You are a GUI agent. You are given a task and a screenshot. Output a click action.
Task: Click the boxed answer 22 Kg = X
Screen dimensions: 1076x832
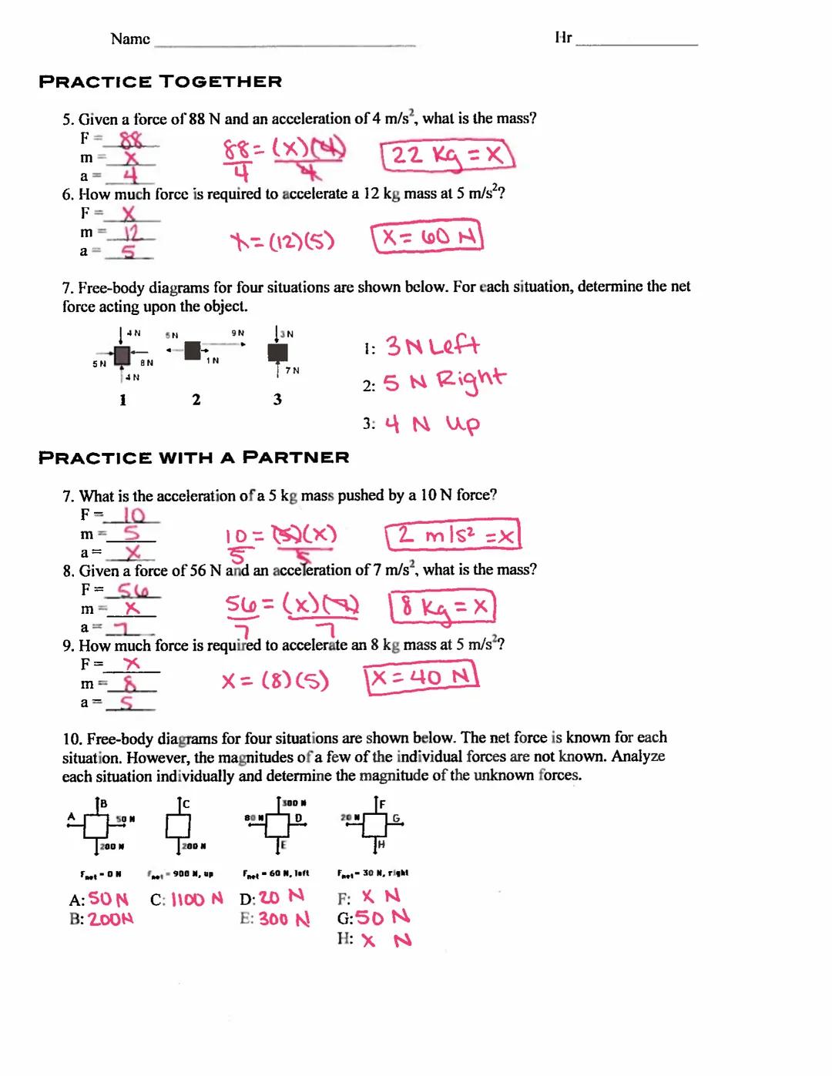tap(447, 156)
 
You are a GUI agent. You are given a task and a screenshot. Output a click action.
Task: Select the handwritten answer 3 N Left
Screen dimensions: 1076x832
tap(432, 346)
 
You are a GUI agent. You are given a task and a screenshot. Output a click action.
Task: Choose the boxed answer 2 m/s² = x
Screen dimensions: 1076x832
tap(453, 535)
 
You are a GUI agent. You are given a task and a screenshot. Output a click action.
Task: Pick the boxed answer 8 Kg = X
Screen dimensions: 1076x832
tap(442, 608)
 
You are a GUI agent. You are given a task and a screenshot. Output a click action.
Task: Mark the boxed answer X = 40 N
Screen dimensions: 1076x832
tap(421, 678)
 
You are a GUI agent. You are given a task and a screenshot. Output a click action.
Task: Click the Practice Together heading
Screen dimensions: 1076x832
tap(160, 82)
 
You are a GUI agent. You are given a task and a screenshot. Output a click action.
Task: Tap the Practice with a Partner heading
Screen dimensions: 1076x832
tap(194, 458)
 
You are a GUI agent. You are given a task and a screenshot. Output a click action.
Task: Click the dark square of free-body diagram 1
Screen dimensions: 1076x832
tap(122, 355)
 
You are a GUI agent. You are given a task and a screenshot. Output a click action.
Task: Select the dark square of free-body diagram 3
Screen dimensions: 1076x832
tap(277, 353)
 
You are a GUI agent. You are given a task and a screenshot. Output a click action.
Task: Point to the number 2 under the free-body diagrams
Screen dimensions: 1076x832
tap(196, 399)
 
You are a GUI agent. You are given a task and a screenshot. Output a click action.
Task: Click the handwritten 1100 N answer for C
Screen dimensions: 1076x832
tap(196, 899)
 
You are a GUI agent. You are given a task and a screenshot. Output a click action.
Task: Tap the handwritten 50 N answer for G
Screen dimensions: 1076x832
tap(382, 917)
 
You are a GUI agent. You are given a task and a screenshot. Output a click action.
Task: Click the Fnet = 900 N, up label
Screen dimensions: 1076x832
tap(180, 874)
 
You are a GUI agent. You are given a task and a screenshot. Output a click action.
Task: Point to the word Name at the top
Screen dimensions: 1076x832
tap(130, 39)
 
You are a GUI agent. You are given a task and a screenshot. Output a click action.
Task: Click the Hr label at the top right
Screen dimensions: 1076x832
tap(563, 38)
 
